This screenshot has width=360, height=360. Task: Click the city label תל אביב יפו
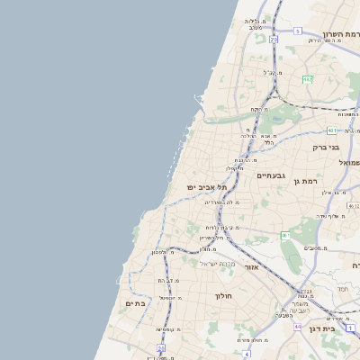coord(202,186)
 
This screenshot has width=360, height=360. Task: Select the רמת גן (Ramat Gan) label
coord(306,182)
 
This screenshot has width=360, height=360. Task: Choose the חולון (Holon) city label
coord(223,296)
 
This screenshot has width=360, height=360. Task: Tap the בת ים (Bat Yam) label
coord(134,304)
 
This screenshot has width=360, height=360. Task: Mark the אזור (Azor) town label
coord(252,267)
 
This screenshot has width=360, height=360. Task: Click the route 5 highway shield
coord(297,31)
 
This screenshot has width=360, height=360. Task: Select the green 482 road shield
coord(307,80)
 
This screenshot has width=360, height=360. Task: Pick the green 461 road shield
coord(284,236)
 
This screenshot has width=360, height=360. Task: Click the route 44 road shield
coord(297,327)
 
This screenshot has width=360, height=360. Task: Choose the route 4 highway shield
coord(246,354)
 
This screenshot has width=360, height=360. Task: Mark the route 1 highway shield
coord(351,327)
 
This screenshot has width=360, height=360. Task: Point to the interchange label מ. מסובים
coord(313,247)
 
